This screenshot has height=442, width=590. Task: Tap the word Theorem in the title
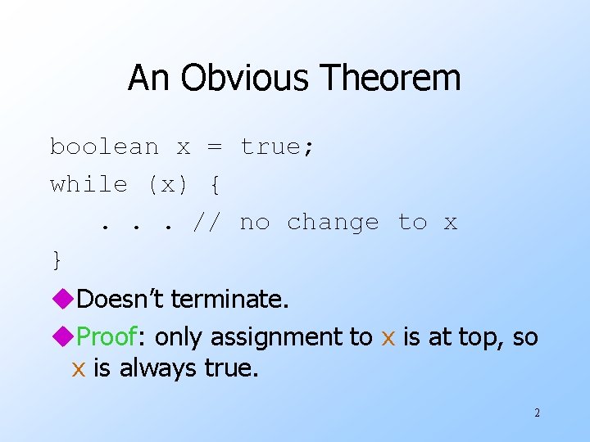[x=392, y=79]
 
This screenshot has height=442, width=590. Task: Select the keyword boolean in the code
[x=104, y=147]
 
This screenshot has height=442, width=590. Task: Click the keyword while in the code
[x=88, y=184]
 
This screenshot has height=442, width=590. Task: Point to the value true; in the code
[x=278, y=147]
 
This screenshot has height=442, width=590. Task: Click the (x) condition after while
[x=167, y=184]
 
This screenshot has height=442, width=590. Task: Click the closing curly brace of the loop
[x=57, y=259]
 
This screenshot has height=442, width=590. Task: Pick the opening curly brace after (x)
[x=214, y=184]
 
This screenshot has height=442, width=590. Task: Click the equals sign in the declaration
[x=214, y=147]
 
